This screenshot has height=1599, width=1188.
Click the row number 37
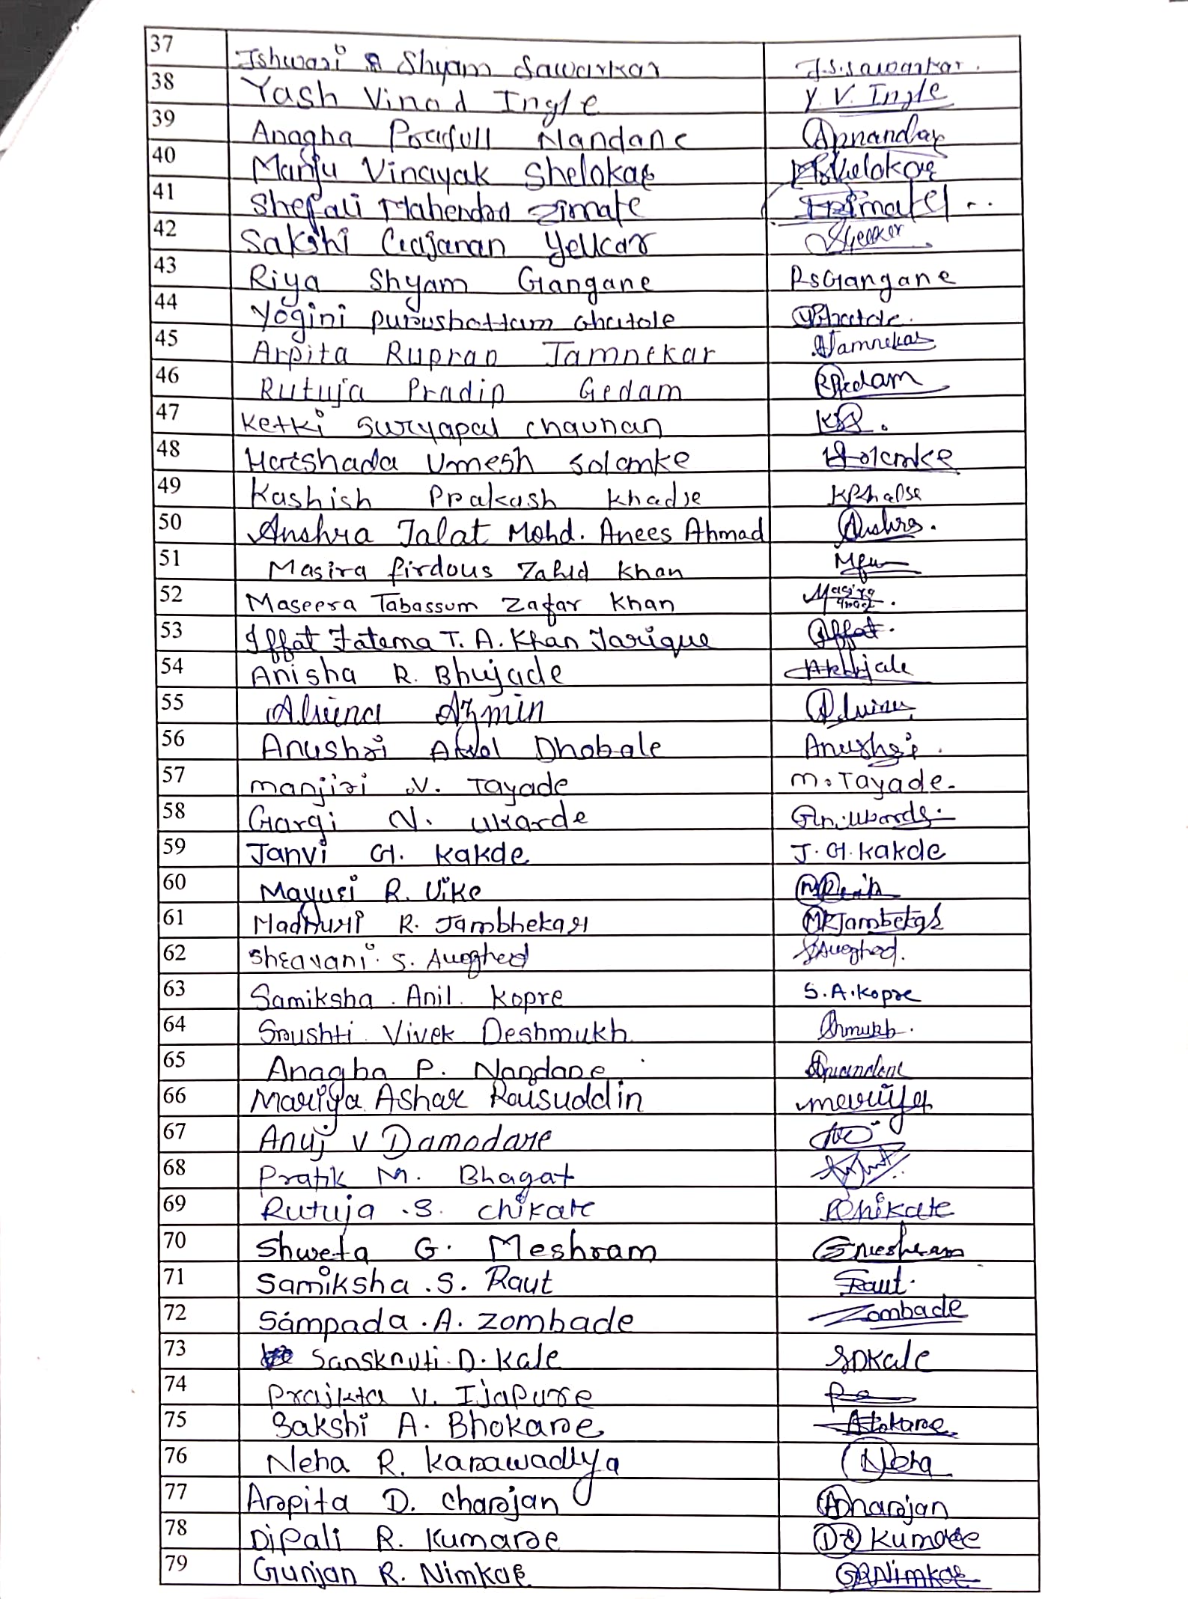tap(162, 44)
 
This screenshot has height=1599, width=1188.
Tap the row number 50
tap(170, 522)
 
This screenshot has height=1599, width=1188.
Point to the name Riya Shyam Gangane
tap(450, 283)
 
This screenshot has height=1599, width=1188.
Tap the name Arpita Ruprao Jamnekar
tap(483, 353)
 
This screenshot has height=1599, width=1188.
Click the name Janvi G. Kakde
tap(388, 854)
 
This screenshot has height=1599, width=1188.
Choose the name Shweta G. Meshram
tap(455, 1249)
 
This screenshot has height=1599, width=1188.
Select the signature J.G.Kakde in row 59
tap(869, 852)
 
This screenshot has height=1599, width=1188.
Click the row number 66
tap(174, 1096)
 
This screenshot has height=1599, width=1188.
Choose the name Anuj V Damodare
tap(404, 1139)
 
